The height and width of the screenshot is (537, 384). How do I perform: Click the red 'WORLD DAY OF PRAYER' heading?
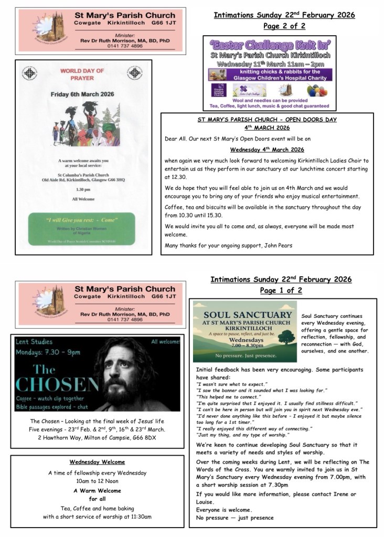click(82, 74)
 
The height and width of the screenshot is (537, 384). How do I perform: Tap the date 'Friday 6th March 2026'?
click(82, 94)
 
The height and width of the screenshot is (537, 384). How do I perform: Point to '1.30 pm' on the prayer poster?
click(82, 189)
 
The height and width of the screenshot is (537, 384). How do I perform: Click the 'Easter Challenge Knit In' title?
click(270, 45)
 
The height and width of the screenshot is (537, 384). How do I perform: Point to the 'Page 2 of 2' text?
click(284, 26)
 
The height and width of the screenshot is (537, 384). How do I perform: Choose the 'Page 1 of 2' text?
click(281, 291)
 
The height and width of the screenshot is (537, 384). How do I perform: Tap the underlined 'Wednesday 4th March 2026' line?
click(267, 149)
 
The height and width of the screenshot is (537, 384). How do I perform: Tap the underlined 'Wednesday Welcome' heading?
click(97, 462)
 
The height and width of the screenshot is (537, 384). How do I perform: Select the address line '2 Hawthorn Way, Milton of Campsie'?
click(97, 438)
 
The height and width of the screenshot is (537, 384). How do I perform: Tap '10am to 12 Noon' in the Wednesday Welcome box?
click(97, 481)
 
